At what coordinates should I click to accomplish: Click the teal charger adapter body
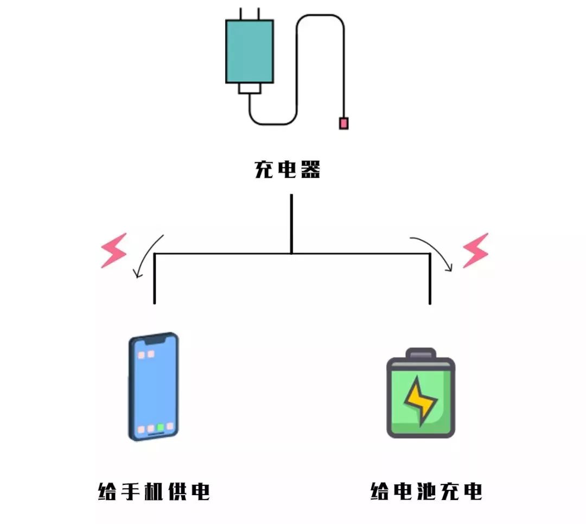[249, 51]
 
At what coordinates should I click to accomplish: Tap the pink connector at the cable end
[343, 123]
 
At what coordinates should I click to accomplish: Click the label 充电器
[288, 170]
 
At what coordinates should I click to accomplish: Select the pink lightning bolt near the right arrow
[475, 250]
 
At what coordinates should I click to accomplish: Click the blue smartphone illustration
[154, 386]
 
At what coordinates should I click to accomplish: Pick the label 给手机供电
[154, 491]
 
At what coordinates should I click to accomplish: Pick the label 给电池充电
[426, 491]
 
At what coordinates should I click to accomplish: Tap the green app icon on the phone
[161, 427]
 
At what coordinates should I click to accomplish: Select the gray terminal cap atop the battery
[421, 353]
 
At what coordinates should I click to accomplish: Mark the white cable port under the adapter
[250, 88]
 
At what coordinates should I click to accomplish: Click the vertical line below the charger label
[291, 223]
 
